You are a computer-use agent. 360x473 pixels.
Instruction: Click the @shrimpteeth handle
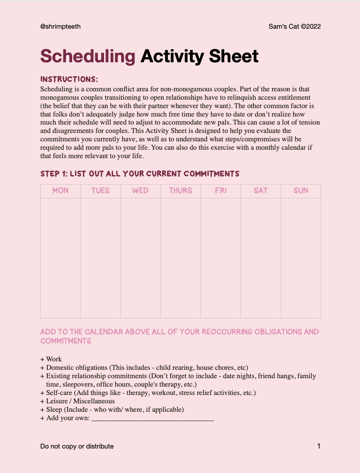[x=60, y=27]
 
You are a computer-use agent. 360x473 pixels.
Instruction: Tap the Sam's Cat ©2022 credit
[x=295, y=27]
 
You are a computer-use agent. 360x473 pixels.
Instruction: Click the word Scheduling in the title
[x=88, y=56]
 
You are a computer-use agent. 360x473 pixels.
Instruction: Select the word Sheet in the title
[x=234, y=56]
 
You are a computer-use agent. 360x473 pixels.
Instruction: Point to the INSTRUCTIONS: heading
[x=69, y=79]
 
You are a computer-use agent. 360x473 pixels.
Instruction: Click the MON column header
[x=60, y=191]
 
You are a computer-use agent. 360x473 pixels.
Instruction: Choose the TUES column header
[x=101, y=191]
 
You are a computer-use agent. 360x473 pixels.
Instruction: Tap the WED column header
[x=140, y=191]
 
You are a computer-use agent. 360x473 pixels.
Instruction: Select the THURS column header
[x=180, y=191]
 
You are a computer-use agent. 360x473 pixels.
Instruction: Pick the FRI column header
[x=221, y=191]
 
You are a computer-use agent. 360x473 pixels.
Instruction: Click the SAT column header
[x=261, y=191]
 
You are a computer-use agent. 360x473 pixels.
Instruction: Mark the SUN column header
[x=301, y=191]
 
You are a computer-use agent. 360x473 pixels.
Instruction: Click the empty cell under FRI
[x=221, y=258]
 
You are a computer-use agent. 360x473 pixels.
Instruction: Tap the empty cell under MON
[x=60, y=258]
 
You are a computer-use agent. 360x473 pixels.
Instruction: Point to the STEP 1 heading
[x=140, y=174]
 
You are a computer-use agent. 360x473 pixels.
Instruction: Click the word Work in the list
[x=54, y=359]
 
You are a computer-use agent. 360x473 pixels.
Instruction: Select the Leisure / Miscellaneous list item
[x=80, y=401]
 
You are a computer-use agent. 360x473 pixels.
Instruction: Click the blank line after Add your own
[x=152, y=418]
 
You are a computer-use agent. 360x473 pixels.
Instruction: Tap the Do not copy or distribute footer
[x=77, y=446]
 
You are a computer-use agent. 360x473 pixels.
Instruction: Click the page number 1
[x=319, y=446]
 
